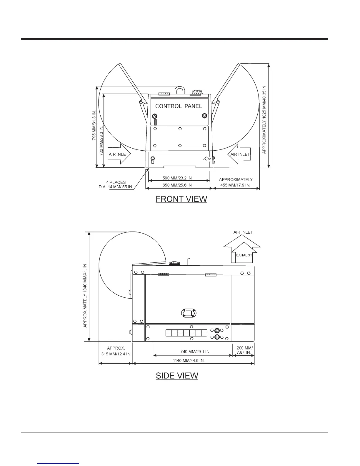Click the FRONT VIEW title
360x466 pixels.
coord(181,199)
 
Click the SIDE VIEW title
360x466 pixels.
coord(177,375)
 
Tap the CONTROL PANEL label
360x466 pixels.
coord(179,106)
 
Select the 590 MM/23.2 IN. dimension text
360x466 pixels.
coord(178,178)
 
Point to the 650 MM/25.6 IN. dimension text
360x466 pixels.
coord(178,185)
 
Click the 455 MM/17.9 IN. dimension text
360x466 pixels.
coord(235,185)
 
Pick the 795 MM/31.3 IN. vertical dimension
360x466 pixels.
coord(94,125)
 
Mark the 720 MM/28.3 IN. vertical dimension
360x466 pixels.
coord(101,141)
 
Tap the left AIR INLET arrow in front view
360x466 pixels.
coord(119,154)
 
